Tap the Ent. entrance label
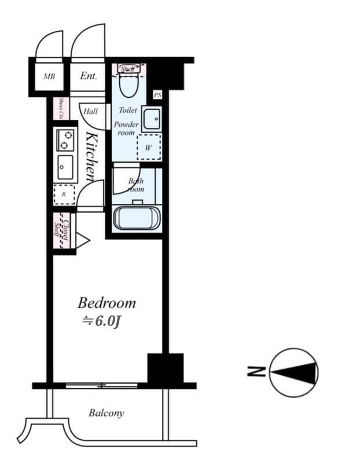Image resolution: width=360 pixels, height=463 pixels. point(88,76)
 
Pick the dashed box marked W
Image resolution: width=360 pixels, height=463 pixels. point(148,148)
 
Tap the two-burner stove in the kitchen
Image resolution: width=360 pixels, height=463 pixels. point(64,139)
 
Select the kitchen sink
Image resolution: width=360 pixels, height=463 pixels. point(64,168)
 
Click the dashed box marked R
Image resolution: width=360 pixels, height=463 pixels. point(64,194)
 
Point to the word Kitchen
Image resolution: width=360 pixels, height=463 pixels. point(91,156)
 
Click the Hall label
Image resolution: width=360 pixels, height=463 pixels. point(91,111)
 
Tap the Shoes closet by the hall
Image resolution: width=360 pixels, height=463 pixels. point(59,109)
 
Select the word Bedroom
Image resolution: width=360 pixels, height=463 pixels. point(107,303)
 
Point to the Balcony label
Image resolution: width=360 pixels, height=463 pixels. point(106,413)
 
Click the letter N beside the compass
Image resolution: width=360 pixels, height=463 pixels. point(259,372)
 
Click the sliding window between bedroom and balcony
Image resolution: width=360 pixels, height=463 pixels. point(101,385)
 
